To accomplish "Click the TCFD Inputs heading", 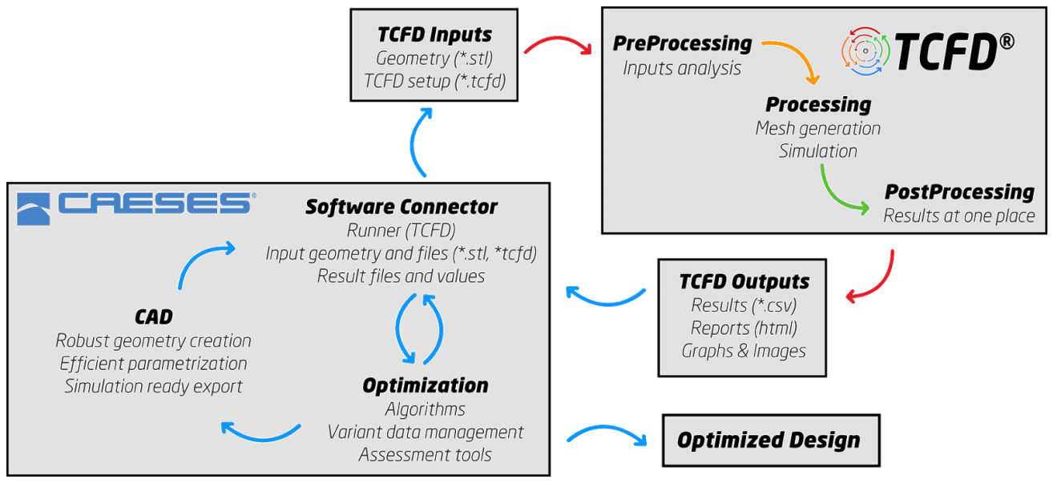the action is tap(434, 34).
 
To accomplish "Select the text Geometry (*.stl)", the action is tap(434, 58).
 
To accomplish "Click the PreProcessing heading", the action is tap(682, 44).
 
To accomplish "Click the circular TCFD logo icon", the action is tap(865, 51).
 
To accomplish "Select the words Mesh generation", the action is tap(818, 128).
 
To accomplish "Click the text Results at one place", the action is tap(959, 215).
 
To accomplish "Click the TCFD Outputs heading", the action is tap(744, 282).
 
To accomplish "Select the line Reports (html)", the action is tap(744, 328).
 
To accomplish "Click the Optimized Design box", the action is tap(771, 441).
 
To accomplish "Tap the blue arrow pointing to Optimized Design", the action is tap(607, 429).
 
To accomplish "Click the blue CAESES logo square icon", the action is tap(34, 208).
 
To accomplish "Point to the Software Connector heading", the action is tap(401, 207).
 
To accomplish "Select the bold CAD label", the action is tap(154, 317).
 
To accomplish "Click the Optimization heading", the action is tap(425, 386).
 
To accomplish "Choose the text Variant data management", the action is tap(425, 432).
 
